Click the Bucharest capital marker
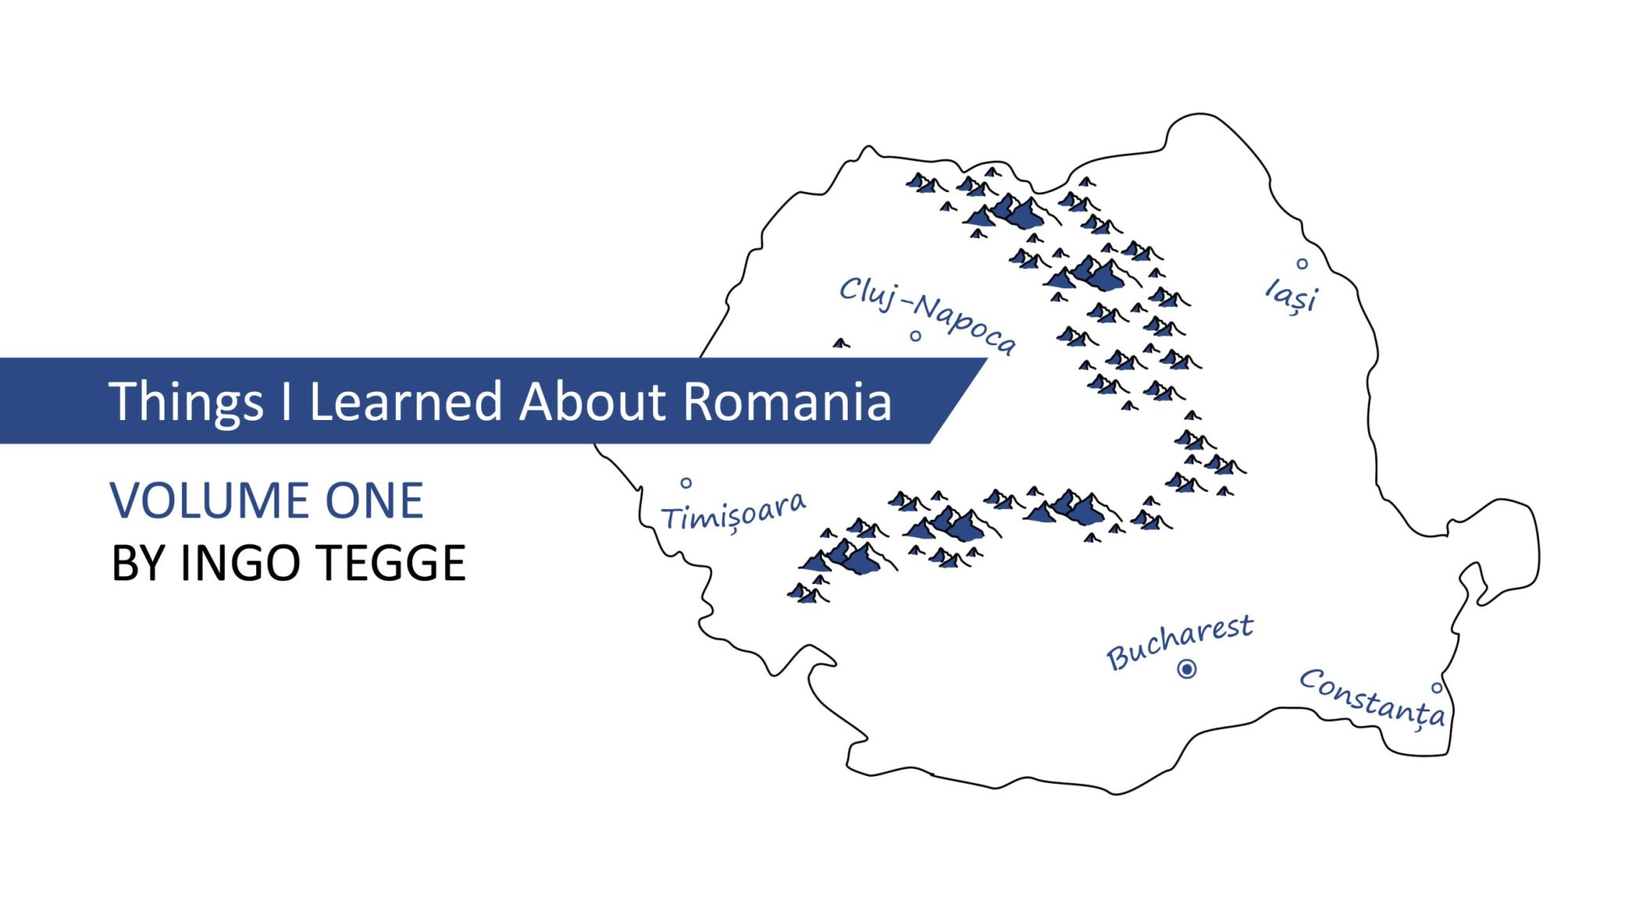[1187, 669]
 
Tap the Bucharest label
[1180, 642]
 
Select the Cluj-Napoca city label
[928, 315]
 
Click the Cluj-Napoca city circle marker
[915, 336]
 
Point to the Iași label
[1291, 297]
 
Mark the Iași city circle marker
[1302, 264]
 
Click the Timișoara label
[734, 513]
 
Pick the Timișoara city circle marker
[686, 483]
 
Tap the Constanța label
[1372, 698]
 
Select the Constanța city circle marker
[1436, 688]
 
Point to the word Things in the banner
[187, 404]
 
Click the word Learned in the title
[406, 401]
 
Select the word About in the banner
[592, 401]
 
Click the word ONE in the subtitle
[375, 500]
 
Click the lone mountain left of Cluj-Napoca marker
[841, 343]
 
